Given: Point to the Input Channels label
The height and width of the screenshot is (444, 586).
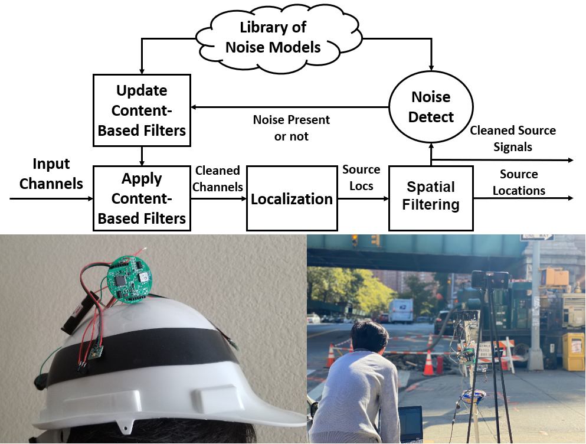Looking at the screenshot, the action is click(51, 174).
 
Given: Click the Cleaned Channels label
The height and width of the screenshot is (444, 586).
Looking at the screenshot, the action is click(218, 178).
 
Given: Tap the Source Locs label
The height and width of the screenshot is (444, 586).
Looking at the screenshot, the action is click(361, 177).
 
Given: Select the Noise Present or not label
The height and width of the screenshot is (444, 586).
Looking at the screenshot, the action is click(292, 128).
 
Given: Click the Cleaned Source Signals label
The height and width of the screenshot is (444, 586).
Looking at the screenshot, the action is click(513, 138).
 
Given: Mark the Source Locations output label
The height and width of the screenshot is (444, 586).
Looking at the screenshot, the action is click(519, 182).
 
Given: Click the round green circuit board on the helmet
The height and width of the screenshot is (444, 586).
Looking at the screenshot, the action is click(129, 279).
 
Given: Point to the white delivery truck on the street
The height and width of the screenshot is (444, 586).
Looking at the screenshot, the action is click(401, 311).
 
